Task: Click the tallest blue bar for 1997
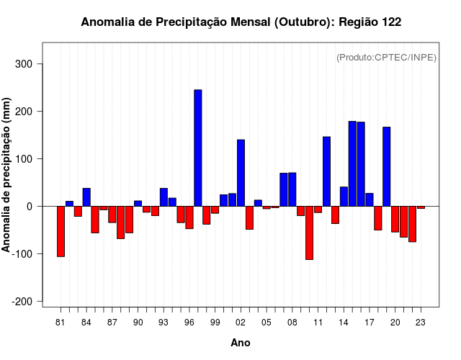(x=198, y=148)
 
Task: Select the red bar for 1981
(x=61, y=231)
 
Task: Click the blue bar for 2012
(x=326, y=171)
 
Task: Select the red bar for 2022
(x=403, y=222)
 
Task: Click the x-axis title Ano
(x=241, y=343)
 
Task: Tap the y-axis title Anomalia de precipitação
(x=7, y=175)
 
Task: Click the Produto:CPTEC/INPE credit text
(x=386, y=58)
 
